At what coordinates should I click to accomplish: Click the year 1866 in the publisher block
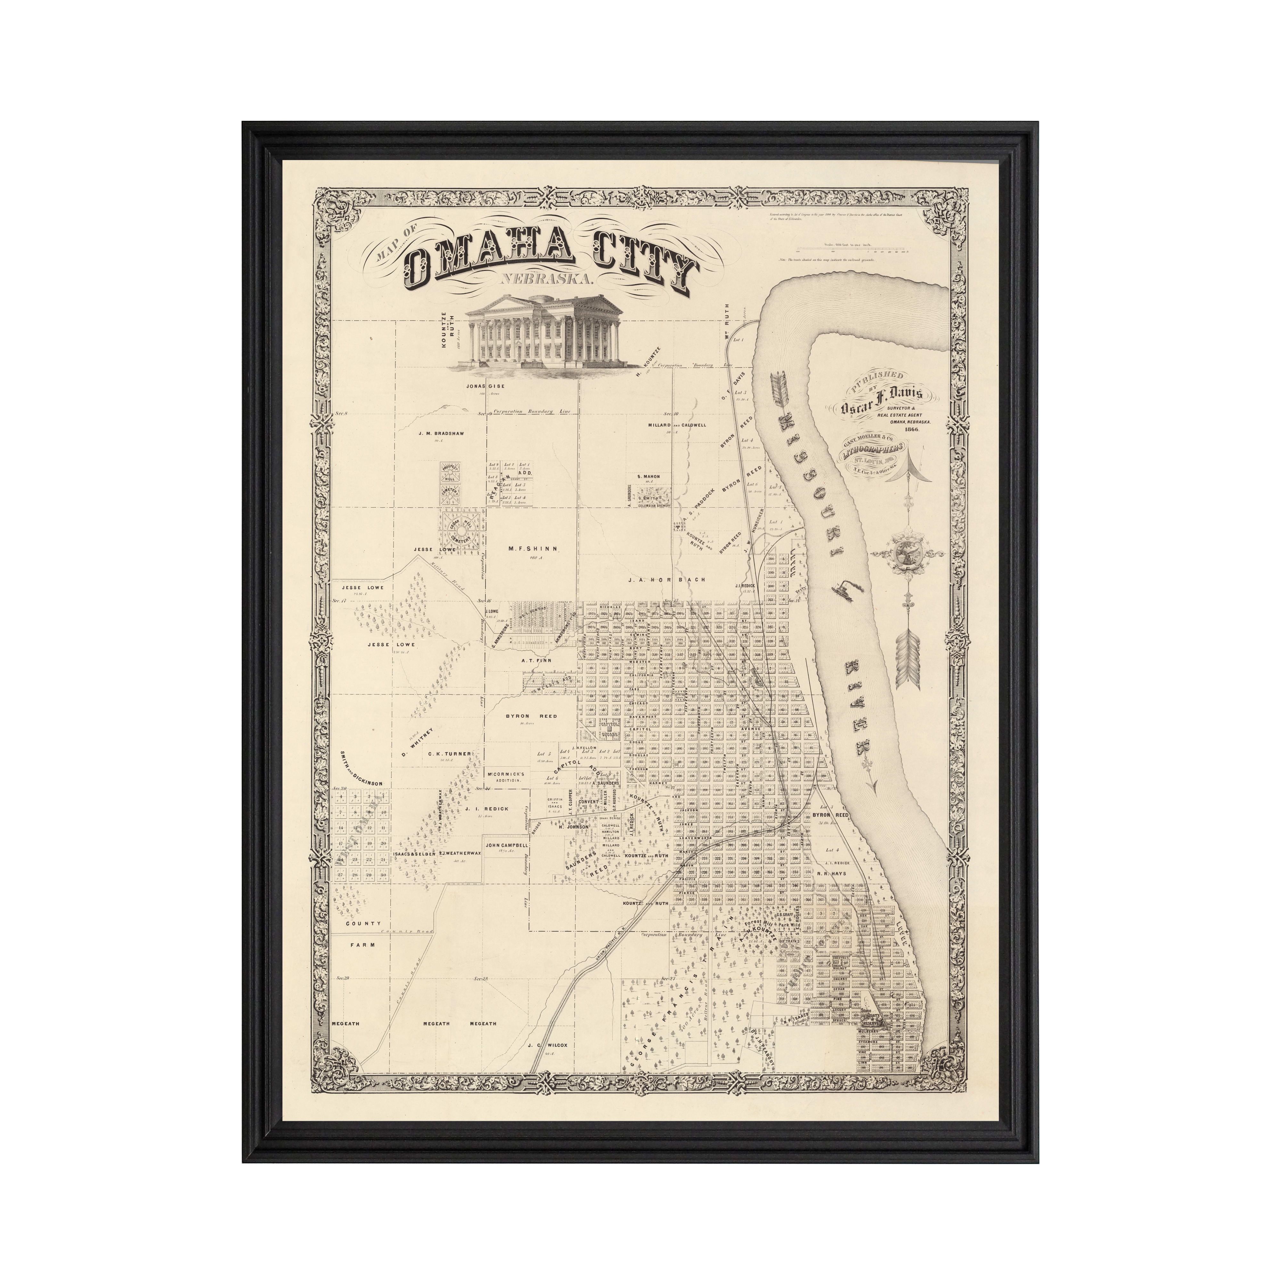coord(920,430)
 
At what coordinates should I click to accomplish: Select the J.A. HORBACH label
coord(666,580)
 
